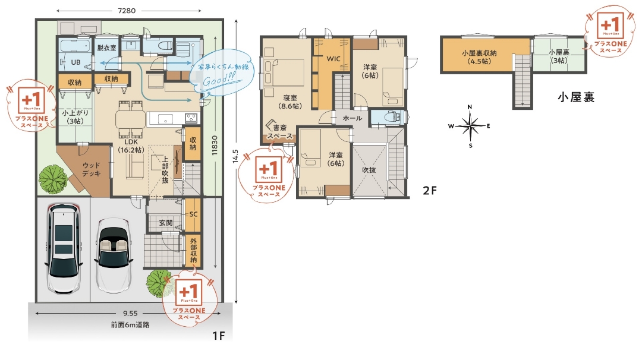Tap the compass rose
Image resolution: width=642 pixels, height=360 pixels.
click(470, 126)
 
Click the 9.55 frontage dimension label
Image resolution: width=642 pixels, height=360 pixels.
click(129, 313)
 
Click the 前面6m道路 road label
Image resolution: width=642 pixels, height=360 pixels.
click(130, 325)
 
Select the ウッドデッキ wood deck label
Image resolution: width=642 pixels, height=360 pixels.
click(91, 169)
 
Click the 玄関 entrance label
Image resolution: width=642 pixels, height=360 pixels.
click(165, 223)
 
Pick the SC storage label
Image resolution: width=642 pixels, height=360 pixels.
click(193, 214)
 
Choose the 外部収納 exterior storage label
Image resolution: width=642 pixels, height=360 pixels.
click(193, 251)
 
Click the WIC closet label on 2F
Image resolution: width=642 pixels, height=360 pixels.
click(333, 59)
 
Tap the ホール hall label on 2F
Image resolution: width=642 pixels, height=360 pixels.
click(352, 119)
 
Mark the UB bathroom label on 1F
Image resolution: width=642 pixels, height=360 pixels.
click(76, 62)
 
